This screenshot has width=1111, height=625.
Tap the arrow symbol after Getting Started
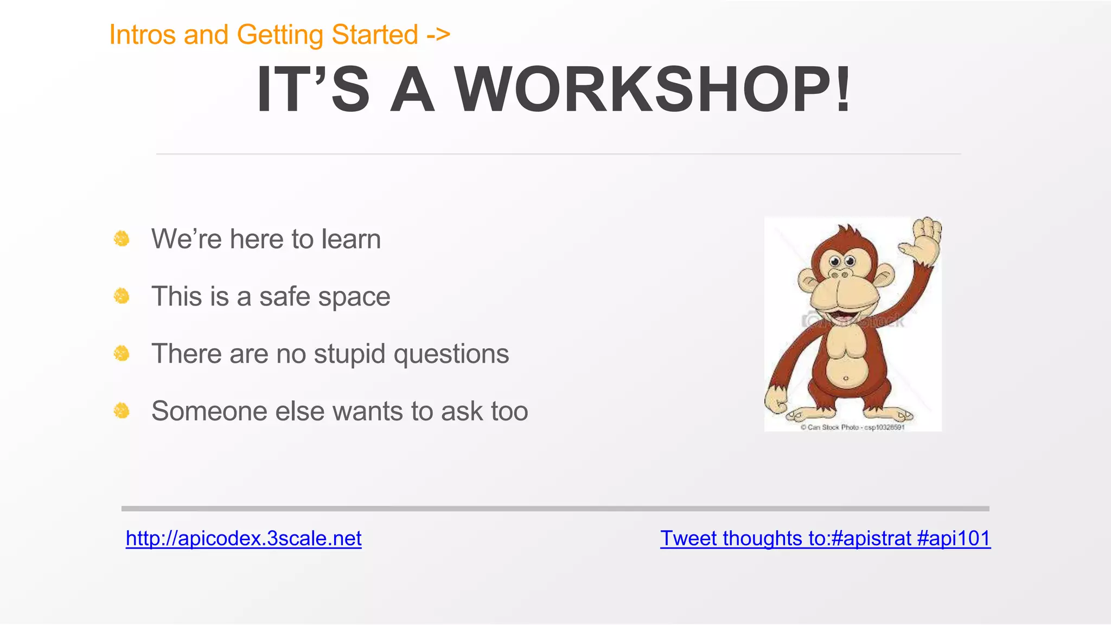click(x=438, y=35)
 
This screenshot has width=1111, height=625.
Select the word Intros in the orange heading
click(x=142, y=35)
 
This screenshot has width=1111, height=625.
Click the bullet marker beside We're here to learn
click(x=122, y=239)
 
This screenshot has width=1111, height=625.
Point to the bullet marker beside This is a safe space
click(x=122, y=296)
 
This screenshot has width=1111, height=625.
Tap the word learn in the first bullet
click(x=351, y=239)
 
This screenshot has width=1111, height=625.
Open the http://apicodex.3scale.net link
click(x=244, y=538)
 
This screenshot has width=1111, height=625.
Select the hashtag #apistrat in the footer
click(x=870, y=538)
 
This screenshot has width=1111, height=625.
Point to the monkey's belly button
click(x=846, y=378)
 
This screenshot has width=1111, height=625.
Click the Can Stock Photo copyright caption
click(x=852, y=428)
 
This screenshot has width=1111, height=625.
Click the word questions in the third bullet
click(x=451, y=354)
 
